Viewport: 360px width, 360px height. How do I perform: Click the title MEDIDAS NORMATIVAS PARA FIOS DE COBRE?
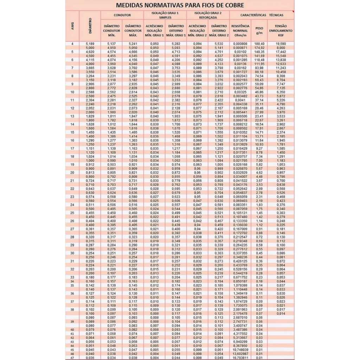[x=180, y=6]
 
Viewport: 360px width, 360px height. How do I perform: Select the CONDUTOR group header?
[x=122, y=15]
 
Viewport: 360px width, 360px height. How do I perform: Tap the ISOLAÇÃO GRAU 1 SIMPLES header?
[x=165, y=15]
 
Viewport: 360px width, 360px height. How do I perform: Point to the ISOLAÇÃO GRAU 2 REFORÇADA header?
[x=208, y=15]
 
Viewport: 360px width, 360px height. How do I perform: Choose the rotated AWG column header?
[x=73, y=26]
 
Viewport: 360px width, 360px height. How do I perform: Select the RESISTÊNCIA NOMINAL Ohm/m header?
[x=240, y=31]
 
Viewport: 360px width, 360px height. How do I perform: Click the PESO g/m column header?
[x=259, y=31]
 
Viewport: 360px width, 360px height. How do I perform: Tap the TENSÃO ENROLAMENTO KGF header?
[x=281, y=31]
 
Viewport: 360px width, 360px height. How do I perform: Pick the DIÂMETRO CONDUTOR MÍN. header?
[x=111, y=31]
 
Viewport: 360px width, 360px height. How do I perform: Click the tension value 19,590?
[x=281, y=44]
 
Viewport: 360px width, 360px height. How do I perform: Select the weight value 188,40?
[x=259, y=44]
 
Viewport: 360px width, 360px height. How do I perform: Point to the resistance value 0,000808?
[x=240, y=44]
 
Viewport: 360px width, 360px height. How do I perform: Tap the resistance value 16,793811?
[x=240, y=358]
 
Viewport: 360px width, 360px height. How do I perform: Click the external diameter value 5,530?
[x=219, y=44]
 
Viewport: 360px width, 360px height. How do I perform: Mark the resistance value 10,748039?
[x=240, y=350]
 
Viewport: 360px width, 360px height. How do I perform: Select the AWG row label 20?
[x=72, y=173]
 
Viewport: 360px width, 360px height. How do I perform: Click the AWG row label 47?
[x=72, y=358]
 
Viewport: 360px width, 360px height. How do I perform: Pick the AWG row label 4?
[x=72, y=44]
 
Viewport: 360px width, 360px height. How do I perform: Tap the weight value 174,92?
[x=259, y=47]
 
